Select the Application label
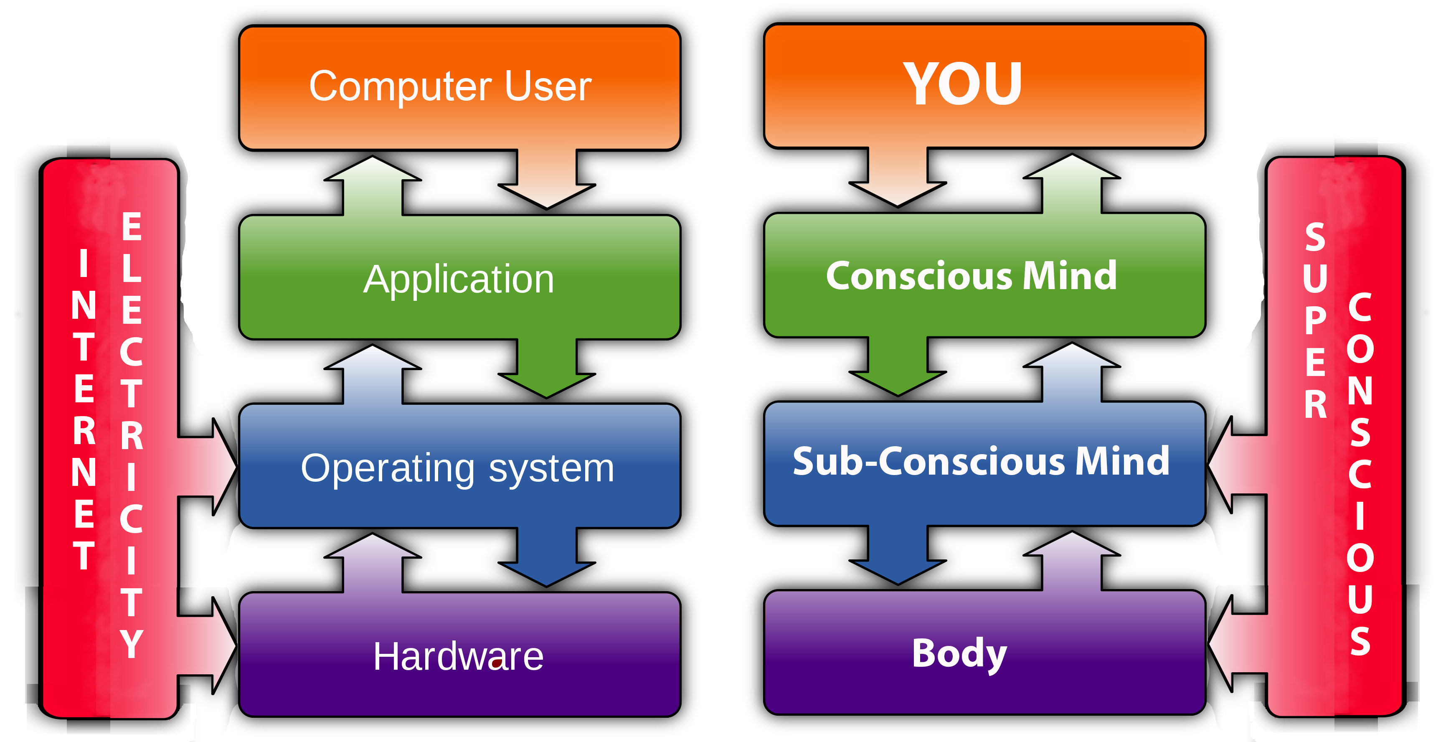pos(458,280)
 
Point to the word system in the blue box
pos(551,468)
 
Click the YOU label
pos(963,84)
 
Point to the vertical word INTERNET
pos(84,410)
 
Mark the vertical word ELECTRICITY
pos(131,435)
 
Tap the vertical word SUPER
pos(1315,321)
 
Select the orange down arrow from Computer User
pos(547,181)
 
